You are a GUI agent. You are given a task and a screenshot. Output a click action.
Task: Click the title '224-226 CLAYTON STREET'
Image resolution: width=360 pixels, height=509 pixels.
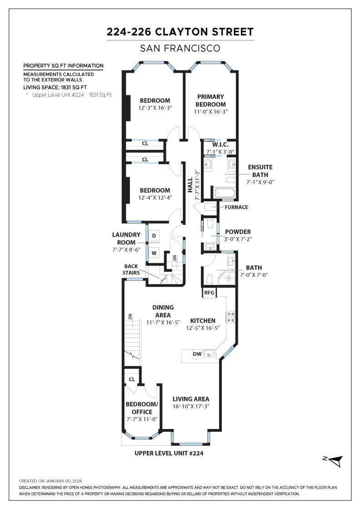pos(180,32)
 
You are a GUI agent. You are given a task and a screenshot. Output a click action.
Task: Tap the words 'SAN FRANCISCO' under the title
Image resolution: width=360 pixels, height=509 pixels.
pos(180,48)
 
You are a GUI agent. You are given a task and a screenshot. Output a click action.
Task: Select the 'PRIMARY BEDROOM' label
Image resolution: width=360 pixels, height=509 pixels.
pos(211,100)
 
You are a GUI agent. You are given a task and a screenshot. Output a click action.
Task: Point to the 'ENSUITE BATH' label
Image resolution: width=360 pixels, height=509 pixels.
pos(260,170)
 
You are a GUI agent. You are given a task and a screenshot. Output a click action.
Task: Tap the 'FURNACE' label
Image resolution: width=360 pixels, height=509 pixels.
pos(236,207)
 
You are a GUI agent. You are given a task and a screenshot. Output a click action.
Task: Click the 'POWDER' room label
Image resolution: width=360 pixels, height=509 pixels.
pos(237,232)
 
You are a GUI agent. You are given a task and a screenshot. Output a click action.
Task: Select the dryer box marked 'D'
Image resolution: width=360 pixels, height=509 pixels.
pos(154,235)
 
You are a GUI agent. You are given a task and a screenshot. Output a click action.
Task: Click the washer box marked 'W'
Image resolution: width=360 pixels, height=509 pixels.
pos(154,253)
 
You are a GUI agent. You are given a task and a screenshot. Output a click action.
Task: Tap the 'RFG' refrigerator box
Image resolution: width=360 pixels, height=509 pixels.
pos(209,293)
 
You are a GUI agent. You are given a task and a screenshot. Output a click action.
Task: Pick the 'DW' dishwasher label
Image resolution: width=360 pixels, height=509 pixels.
pos(197,354)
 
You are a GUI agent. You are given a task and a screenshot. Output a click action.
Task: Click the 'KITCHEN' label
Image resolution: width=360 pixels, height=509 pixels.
pos(203,321)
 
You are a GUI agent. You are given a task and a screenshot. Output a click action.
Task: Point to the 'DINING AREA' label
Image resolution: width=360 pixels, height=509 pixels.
pos(163,311)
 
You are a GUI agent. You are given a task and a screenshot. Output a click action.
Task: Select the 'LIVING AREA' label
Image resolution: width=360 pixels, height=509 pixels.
pos(191,399)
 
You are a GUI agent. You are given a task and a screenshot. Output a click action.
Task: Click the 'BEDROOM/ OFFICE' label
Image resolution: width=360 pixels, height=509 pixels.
pos(142,408)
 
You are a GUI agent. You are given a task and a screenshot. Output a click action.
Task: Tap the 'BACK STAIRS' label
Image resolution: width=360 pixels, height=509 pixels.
pos(131,269)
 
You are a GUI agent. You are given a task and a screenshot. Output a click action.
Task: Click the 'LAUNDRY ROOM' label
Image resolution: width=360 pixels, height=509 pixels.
pos(124,239)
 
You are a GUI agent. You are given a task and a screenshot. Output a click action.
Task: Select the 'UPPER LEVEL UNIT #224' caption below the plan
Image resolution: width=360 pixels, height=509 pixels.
pos(169,453)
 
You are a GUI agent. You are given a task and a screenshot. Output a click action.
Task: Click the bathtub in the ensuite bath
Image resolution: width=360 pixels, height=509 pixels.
pos(225,194)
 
